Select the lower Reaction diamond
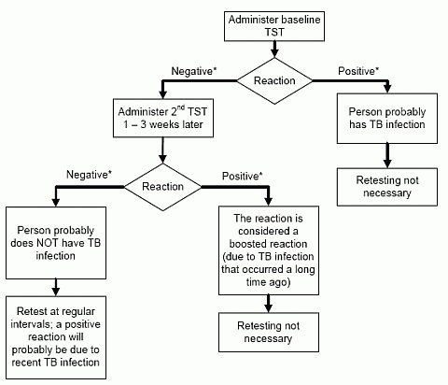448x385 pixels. (162, 185)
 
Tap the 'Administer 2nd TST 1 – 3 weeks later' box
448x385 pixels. (162, 119)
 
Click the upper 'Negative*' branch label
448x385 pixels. (194, 71)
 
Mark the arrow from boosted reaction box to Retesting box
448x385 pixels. (271, 302)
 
